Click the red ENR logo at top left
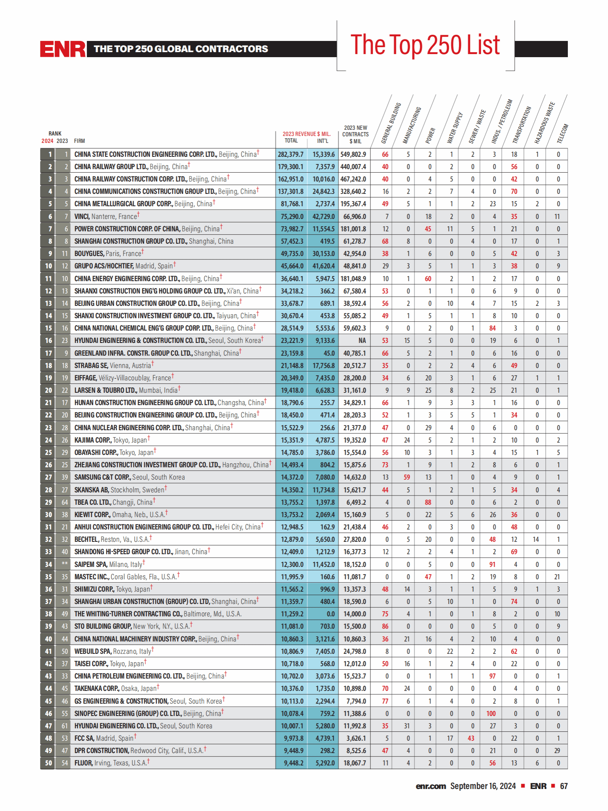(x=63, y=49)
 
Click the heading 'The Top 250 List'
(x=425, y=45)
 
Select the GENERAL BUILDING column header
(x=391, y=123)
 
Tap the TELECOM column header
(x=562, y=133)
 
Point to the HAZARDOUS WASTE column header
(x=544, y=123)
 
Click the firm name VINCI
(x=82, y=217)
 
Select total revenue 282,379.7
(x=290, y=154)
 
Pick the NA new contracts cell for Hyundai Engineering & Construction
(x=362, y=341)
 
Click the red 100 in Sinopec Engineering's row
(x=491, y=714)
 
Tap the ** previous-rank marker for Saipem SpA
(x=65, y=564)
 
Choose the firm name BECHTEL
(x=87, y=540)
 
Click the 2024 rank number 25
(x=48, y=453)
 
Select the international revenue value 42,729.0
(x=323, y=217)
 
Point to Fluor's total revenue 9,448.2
(x=292, y=763)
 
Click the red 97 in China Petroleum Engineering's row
(x=492, y=676)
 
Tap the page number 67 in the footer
(x=564, y=786)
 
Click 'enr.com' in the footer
(x=431, y=786)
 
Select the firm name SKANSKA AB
(x=92, y=490)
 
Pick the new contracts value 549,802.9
(x=353, y=154)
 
